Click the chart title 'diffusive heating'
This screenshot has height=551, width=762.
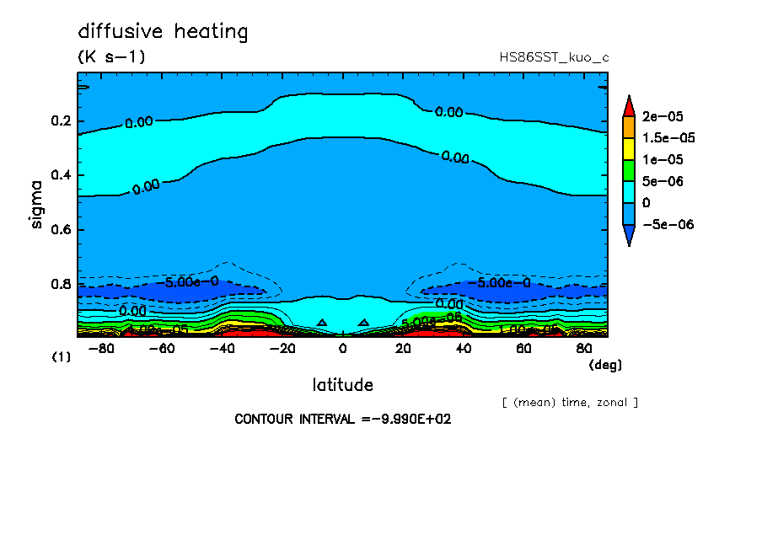(163, 32)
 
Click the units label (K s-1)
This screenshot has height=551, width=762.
(111, 57)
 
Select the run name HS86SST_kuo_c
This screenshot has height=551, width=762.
(554, 57)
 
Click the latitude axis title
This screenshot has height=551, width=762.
(342, 385)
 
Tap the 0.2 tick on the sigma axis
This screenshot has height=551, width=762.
(61, 121)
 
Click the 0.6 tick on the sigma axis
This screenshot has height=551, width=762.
(61, 230)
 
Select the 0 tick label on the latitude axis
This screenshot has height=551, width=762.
(342, 347)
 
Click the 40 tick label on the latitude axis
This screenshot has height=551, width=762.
(464, 347)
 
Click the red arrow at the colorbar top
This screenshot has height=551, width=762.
(628, 105)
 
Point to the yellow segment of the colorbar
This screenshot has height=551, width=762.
(628, 148)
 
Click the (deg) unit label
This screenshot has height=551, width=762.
(604, 365)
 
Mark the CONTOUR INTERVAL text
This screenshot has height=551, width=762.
(342, 419)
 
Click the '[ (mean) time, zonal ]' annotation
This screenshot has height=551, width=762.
(570, 402)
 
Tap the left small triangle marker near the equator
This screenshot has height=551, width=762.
(322, 322)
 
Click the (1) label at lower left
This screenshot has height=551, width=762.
(62, 357)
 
